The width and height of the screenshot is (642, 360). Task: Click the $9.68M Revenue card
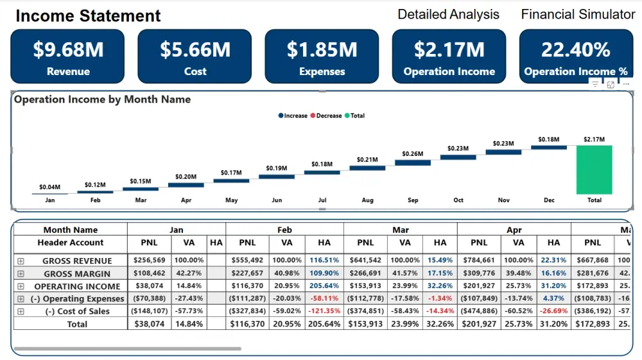[68, 56]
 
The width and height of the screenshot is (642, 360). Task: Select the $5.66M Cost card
[195, 56]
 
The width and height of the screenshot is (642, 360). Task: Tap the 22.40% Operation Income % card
[576, 56]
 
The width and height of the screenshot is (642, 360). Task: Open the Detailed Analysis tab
[448, 14]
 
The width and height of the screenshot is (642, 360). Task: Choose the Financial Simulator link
[578, 14]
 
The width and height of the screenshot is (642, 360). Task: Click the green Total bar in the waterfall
[594, 169]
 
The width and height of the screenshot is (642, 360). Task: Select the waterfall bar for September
[413, 163]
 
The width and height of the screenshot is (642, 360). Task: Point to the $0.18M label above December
[549, 139]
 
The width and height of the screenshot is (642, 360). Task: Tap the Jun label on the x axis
[277, 200]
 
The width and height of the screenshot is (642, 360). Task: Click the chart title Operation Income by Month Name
[102, 99]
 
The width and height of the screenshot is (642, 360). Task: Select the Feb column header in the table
[284, 230]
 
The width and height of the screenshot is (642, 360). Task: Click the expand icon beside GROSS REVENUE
[21, 261]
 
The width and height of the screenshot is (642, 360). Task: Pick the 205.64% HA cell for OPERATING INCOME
[324, 286]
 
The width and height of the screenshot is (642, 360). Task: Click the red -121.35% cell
[324, 311]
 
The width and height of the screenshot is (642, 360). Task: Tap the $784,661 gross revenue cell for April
[479, 261]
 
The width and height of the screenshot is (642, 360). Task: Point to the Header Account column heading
[71, 243]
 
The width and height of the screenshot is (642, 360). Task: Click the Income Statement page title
[88, 15]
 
